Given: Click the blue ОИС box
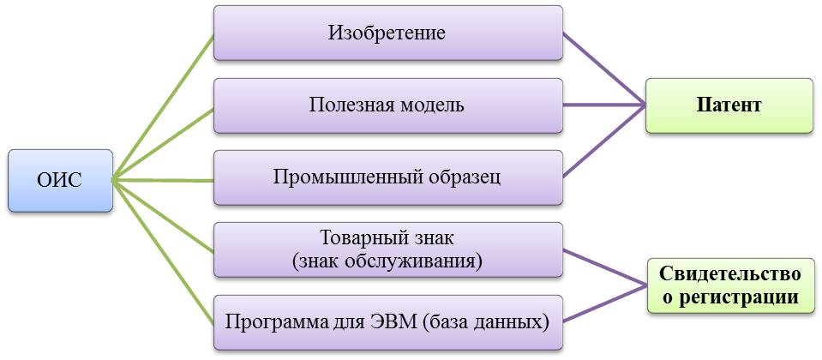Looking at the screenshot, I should [x=60, y=180].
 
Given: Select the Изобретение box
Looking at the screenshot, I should [x=387, y=33].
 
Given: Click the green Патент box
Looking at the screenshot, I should [x=729, y=105].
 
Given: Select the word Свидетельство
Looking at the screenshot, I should [x=730, y=275].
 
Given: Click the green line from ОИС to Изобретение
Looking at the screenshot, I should [x=163, y=107].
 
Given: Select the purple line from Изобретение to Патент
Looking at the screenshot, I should [x=604, y=69].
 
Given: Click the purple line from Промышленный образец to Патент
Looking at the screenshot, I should [x=604, y=141].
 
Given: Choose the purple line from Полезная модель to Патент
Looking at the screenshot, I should [x=604, y=105].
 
